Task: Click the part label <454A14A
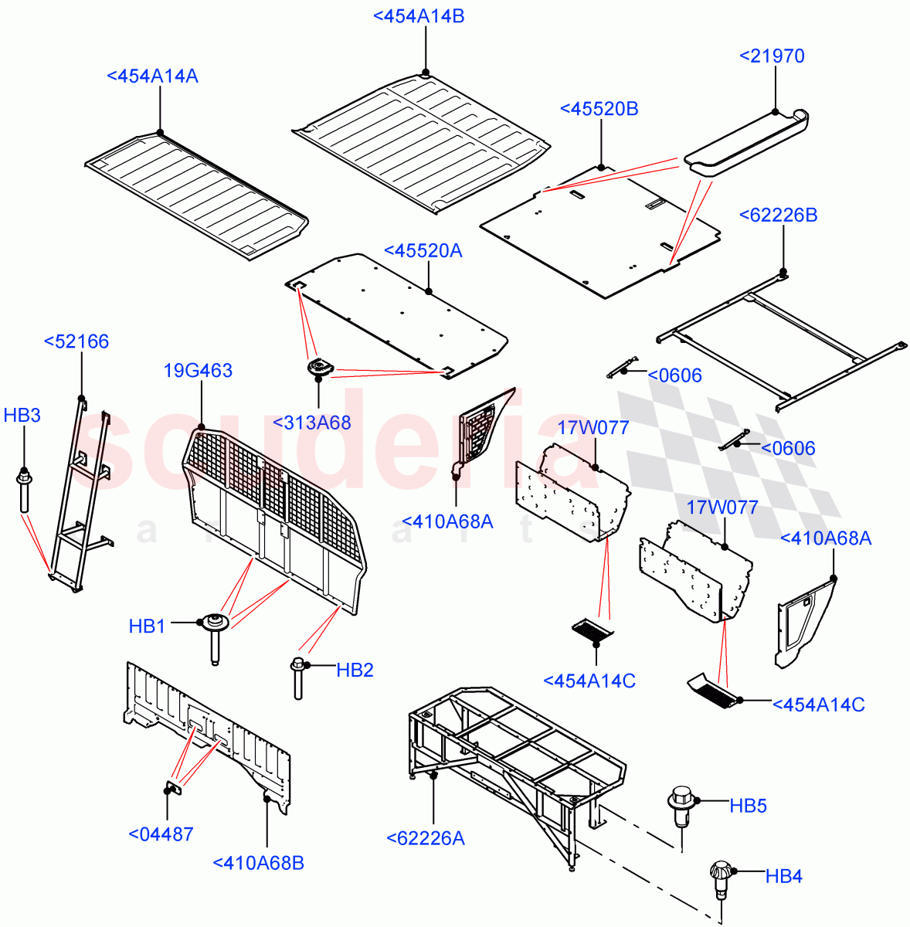coord(152,76)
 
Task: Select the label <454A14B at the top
coord(419,16)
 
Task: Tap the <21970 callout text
coord(772,56)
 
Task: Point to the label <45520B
coord(599,109)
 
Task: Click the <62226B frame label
coord(778,215)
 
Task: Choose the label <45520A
coord(423,250)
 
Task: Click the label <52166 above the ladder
coord(76,341)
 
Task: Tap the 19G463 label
coord(198,371)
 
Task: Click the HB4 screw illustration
coord(719,879)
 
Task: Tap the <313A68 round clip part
coord(318,368)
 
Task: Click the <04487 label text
coord(161,834)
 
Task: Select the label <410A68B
coord(258,863)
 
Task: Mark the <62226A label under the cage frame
coord(425,838)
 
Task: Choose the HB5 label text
coord(748,806)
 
